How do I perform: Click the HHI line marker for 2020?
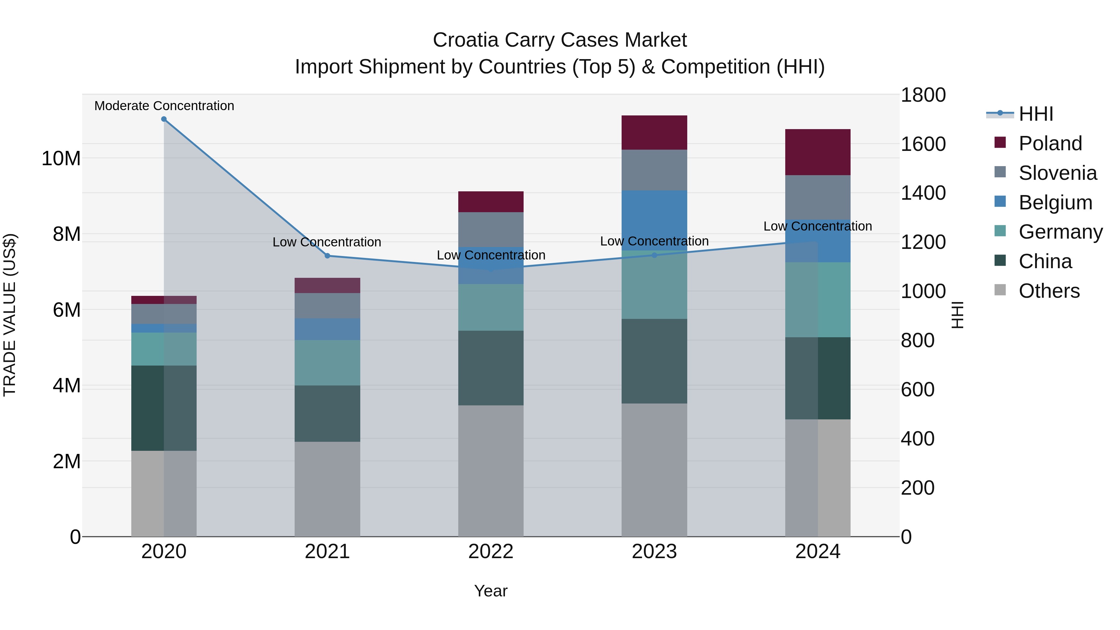click(164, 119)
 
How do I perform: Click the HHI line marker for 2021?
click(327, 256)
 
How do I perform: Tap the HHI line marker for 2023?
click(654, 255)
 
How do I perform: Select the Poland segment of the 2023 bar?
click(654, 133)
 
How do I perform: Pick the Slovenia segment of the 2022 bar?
click(491, 230)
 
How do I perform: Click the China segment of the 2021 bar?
click(327, 413)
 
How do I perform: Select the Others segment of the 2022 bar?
click(491, 471)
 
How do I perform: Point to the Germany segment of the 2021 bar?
click(327, 363)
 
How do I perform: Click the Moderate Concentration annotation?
click(164, 106)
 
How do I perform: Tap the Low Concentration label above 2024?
click(817, 226)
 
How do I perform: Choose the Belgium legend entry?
click(1055, 203)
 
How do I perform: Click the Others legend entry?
click(1049, 291)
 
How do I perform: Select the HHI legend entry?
click(1036, 114)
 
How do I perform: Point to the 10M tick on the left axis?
click(61, 158)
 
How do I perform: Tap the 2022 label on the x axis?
click(491, 552)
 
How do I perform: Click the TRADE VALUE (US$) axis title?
click(10, 315)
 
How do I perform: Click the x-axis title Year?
click(491, 591)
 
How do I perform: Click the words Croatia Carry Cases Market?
click(560, 40)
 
